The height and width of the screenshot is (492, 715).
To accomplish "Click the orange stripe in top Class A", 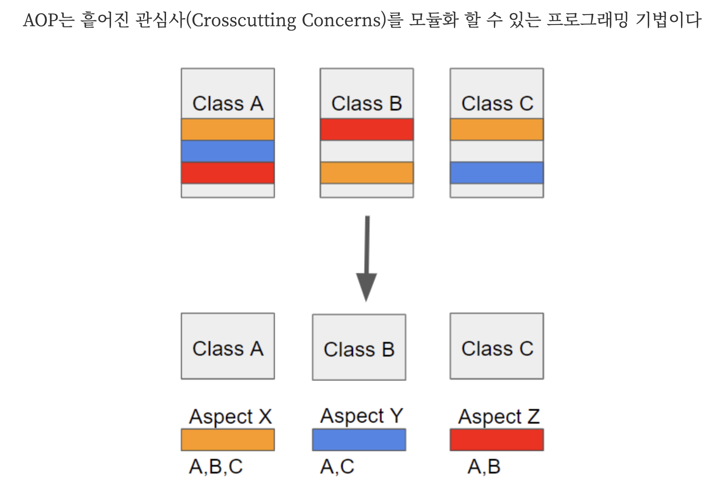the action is pos(228,129).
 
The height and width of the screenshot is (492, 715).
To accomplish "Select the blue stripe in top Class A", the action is pos(228,151).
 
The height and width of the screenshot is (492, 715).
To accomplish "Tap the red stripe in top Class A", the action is pos(228,172).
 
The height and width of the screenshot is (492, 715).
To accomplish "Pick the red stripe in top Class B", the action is pos(367,129).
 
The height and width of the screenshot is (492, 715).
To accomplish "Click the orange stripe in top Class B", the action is pos(367,172).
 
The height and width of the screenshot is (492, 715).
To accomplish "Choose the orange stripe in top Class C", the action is pos(496,129).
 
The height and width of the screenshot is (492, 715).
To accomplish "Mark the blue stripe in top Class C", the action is pos(496,172).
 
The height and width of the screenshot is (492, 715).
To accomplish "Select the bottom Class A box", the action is pos(228,346).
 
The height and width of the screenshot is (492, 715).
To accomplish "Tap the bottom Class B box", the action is pos(359,347).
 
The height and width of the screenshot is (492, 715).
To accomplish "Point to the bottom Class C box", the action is pos(496,346).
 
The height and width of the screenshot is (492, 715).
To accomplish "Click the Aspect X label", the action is pos(230,416).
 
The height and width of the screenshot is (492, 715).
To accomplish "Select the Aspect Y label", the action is pos(361,415).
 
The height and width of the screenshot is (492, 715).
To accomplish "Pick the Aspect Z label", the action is pos(499,416).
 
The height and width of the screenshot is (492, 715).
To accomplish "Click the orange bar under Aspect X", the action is pos(228,440).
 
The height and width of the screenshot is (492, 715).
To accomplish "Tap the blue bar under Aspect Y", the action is pos(359,440).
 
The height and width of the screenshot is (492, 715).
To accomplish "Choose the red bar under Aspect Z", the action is pos(496,440).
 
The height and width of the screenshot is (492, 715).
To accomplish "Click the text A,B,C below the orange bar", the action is pos(216,467).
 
